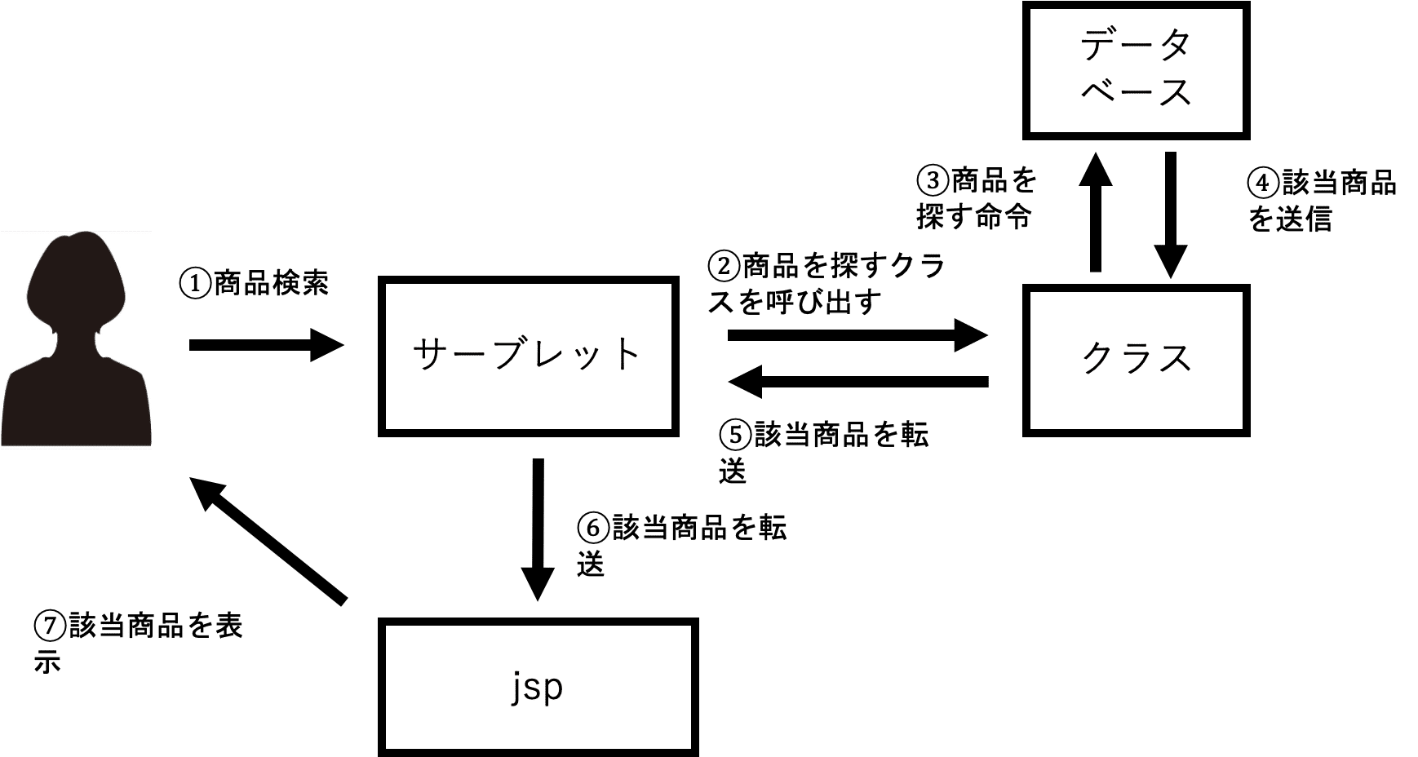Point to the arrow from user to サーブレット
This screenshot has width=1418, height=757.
click(x=267, y=345)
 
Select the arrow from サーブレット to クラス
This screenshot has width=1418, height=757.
click(x=857, y=334)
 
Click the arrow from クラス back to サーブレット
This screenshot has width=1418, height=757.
click(x=857, y=381)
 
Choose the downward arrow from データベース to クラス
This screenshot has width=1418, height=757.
click(x=1171, y=215)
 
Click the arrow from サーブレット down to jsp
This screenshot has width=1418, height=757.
click(x=538, y=530)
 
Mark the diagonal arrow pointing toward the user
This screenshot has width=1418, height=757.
click(x=268, y=541)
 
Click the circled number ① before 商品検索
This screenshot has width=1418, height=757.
click(x=196, y=284)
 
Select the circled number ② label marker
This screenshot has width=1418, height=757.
click(x=724, y=266)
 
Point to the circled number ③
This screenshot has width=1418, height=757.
click(x=933, y=179)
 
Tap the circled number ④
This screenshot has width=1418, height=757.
click(x=1263, y=183)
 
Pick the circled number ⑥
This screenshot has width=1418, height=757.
click(x=592, y=528)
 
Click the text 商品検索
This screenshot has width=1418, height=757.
click(x=272, y=284)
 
